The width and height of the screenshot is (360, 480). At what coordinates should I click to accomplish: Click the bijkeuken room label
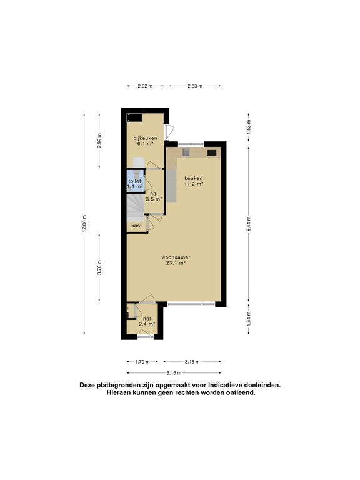[145, 141]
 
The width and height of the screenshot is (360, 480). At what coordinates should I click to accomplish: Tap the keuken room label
[194, 181]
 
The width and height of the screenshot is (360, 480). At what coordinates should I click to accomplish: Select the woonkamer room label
[174, 260]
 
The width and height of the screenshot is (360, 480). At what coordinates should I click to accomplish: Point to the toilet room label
[135, 183]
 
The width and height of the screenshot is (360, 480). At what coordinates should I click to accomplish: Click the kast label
[136, 226]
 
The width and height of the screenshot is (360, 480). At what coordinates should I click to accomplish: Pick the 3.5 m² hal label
[154, 196]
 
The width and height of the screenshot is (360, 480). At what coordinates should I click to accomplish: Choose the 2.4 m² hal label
[147, 321]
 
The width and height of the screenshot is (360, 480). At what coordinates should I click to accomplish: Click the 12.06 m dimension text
[84, 224]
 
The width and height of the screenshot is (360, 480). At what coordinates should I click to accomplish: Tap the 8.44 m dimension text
[249, 224]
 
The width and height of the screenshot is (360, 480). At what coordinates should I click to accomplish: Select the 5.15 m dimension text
[174, 373]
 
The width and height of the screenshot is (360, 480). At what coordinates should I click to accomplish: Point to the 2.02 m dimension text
[145, 86]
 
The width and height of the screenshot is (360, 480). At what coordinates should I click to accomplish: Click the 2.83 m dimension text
[195, 86]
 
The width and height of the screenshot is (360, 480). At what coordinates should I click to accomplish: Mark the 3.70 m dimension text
[99, 267]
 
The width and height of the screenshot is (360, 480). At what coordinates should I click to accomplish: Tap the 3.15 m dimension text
[192, 362]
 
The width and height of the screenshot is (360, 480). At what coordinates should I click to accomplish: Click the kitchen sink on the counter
[186, 152]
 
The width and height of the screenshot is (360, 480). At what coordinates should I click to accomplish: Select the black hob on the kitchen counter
[212, 152]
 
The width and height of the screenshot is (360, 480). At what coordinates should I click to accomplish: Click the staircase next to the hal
[135, 207]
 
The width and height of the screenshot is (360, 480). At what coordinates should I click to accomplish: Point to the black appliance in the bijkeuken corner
[134, 117]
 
